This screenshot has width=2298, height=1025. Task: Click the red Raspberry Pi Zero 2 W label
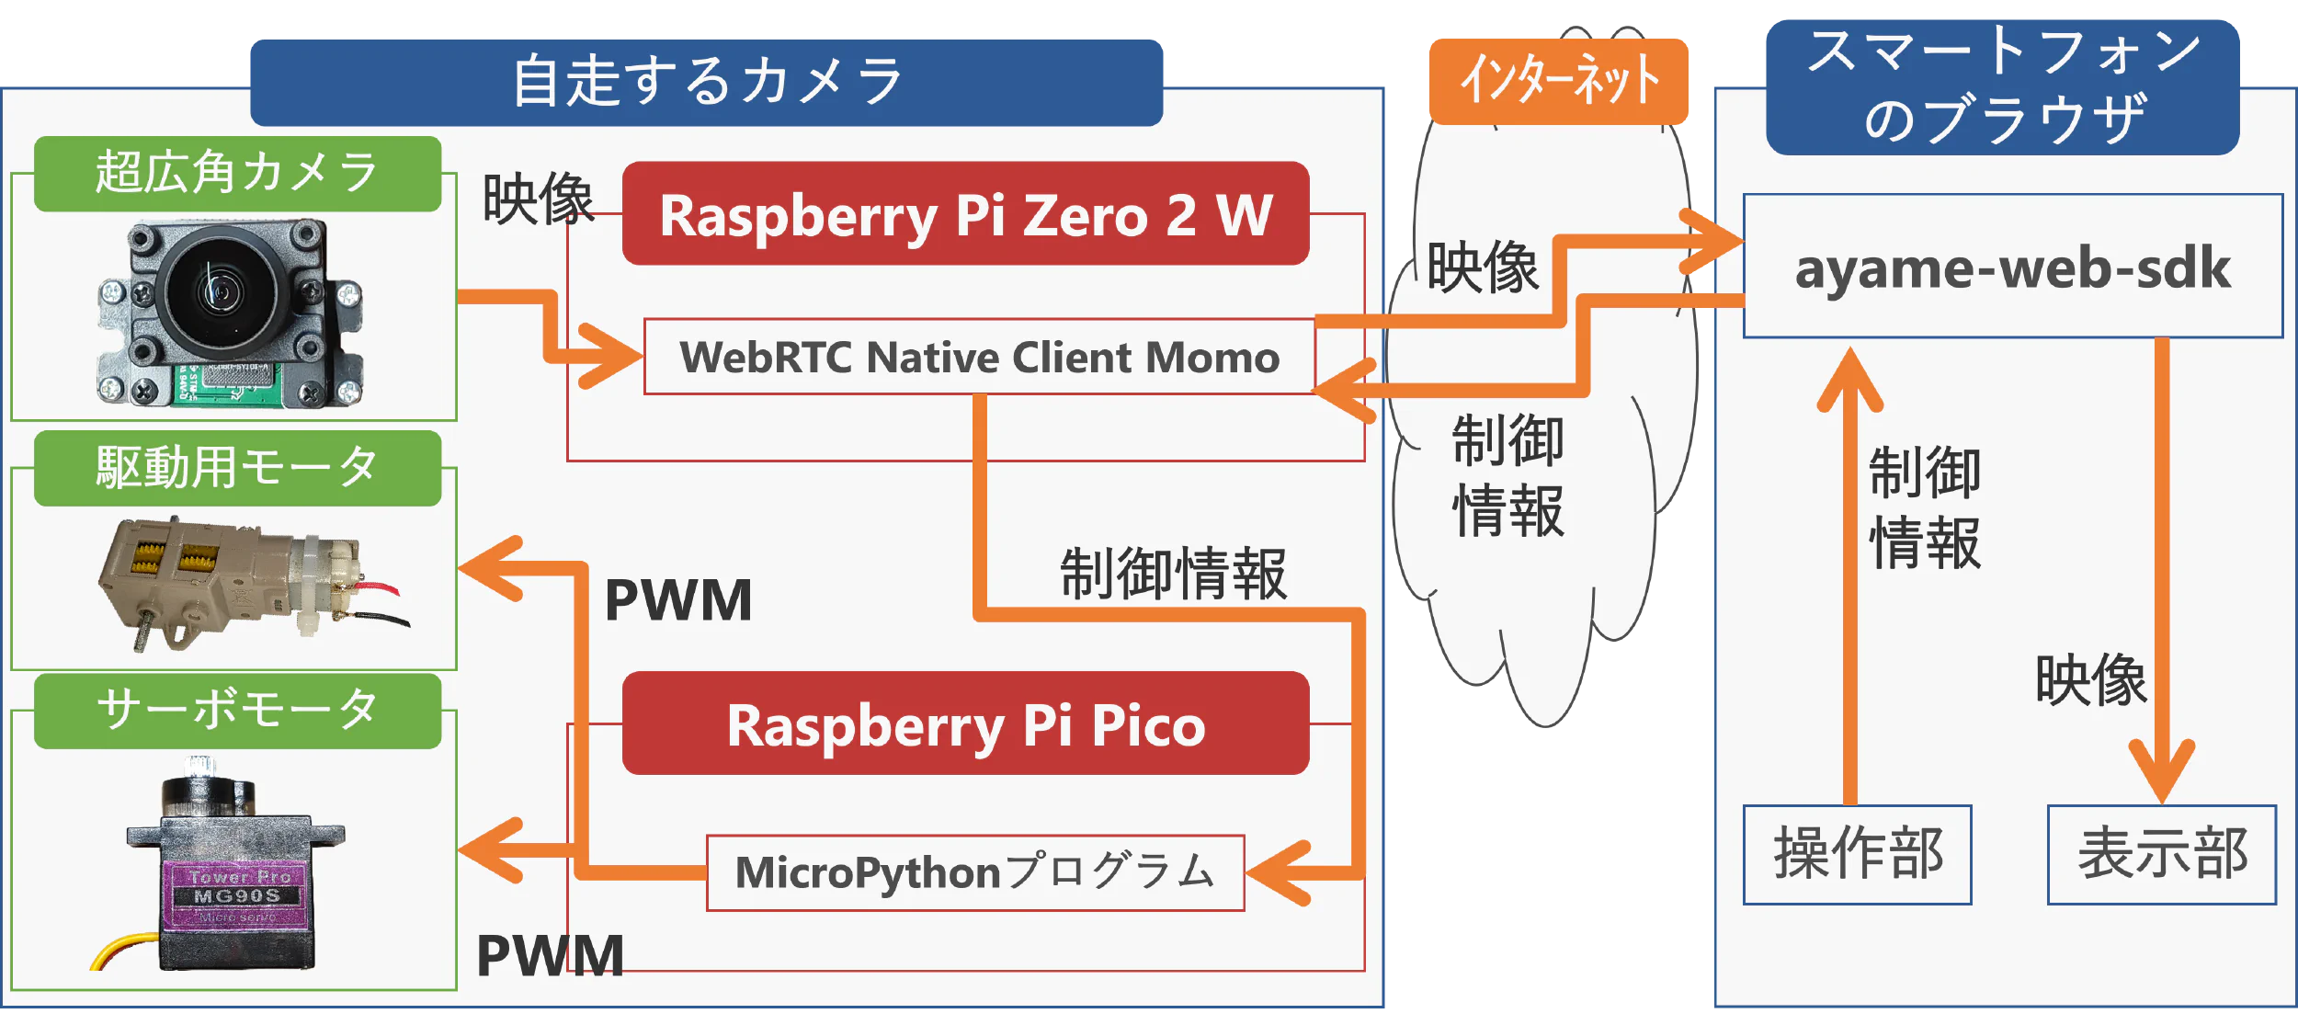965,214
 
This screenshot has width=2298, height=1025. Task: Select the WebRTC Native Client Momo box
979,357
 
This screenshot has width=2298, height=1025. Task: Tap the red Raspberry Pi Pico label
965,724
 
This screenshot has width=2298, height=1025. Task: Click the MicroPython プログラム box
975,872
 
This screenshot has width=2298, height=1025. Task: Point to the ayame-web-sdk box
2012,267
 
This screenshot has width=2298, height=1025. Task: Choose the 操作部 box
1857,854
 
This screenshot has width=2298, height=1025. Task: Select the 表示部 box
2161,854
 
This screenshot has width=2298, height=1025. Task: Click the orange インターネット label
1559,81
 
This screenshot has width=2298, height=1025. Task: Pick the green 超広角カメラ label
237,174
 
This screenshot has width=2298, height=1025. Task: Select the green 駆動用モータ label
237,468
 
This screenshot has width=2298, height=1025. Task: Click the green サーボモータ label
237,711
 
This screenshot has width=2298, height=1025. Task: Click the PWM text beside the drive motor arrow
678,601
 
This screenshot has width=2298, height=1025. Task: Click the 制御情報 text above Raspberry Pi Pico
1173,575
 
